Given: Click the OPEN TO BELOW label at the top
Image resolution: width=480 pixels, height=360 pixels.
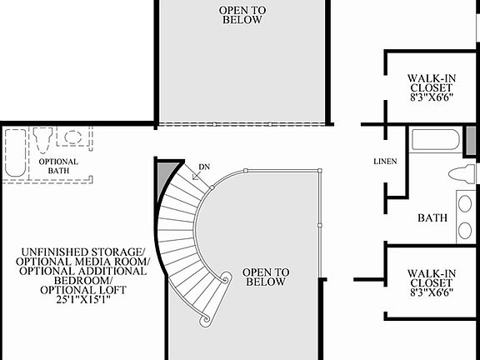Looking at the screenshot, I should coord(242,14).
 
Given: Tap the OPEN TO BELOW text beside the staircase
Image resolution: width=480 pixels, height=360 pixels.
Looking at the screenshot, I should coord(265,277).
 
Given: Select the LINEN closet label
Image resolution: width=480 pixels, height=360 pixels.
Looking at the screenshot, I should coord(386,161).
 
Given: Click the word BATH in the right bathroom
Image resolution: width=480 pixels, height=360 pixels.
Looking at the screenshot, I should coord(432,218).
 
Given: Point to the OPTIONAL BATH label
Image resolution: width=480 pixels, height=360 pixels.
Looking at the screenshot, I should coord(58,167).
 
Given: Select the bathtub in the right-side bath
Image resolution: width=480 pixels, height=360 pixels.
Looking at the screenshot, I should coord(435,142).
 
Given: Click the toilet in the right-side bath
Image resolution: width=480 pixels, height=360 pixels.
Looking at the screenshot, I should coord(461,174).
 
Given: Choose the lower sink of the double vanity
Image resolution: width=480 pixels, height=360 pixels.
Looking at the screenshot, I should coord(465,231).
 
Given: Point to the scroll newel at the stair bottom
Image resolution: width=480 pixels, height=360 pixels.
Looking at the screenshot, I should coord(203,319).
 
